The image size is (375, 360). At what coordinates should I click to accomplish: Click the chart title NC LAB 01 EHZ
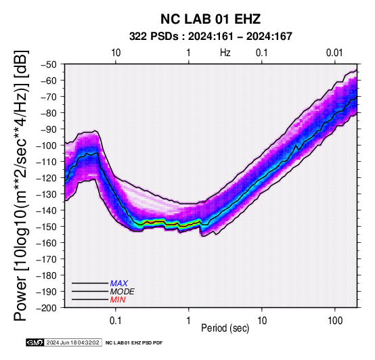coord(211,19)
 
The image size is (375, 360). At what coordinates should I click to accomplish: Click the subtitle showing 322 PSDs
coord(211,37)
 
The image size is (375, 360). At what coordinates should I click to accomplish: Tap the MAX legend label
coord(119,284)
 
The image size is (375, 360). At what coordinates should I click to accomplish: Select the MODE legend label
coord(123,292)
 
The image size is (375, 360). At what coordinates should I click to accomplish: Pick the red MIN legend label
coord(118,300)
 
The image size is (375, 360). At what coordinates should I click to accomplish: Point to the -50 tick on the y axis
coord(49,64)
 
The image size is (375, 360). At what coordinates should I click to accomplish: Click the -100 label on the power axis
coord(47,145)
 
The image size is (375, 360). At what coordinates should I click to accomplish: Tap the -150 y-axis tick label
coord(47,227)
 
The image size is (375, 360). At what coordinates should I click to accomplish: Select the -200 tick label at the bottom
coord(47,308)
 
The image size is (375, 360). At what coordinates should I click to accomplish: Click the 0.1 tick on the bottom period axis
coord(116,321)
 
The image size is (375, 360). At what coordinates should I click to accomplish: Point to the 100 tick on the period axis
coord(335,321)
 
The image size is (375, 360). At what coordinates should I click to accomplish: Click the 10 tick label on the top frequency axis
coord(116,53)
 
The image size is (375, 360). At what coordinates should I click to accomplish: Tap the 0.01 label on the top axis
coord(334,53)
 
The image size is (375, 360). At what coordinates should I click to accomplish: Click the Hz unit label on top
coord(225,53)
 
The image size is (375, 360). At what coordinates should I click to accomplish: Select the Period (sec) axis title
coord(225,328)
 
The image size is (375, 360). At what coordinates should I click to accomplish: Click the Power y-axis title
coord(21,185)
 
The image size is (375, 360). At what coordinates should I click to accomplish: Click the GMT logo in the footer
coord(35,342)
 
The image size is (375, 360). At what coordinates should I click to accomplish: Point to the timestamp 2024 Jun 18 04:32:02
coord(72,342)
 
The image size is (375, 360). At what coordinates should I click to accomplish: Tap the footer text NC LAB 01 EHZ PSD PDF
coord(134,343)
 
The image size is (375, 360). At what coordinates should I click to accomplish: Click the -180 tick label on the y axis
coord(47,275)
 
